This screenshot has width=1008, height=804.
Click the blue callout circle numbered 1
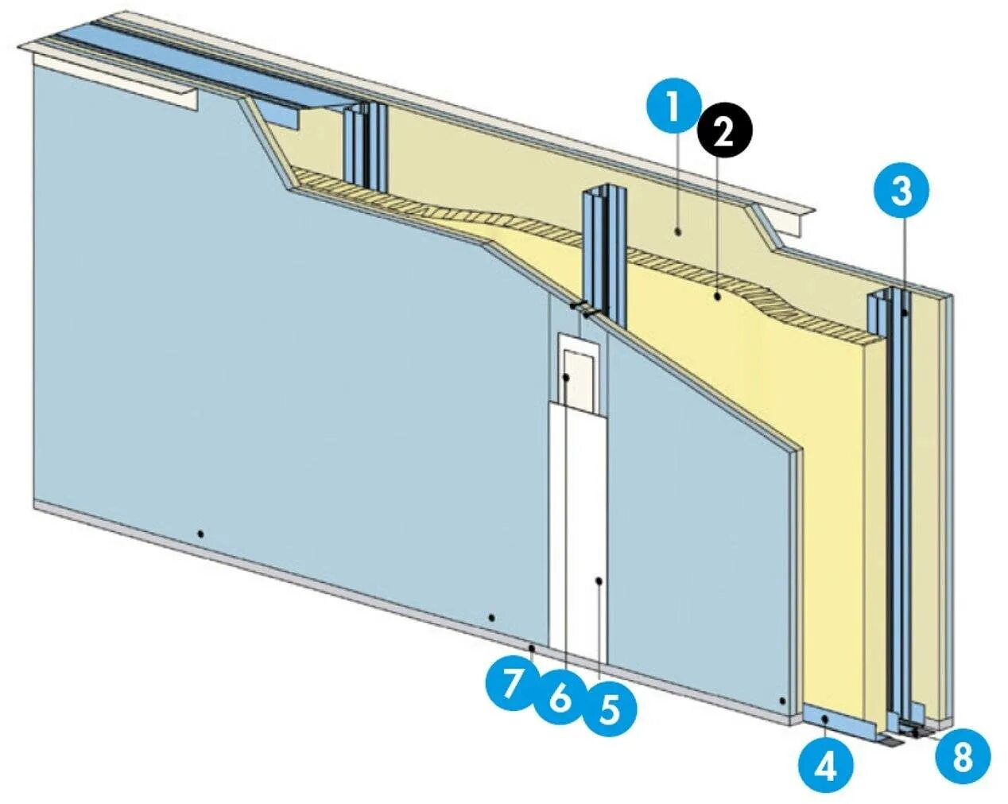click(x=673, y=108)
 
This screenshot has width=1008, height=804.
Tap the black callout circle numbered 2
click(x=723, y=133)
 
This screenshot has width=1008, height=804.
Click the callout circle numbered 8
click(x=962, y=756)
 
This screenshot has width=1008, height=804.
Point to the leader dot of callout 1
click(x=677, y=231)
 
